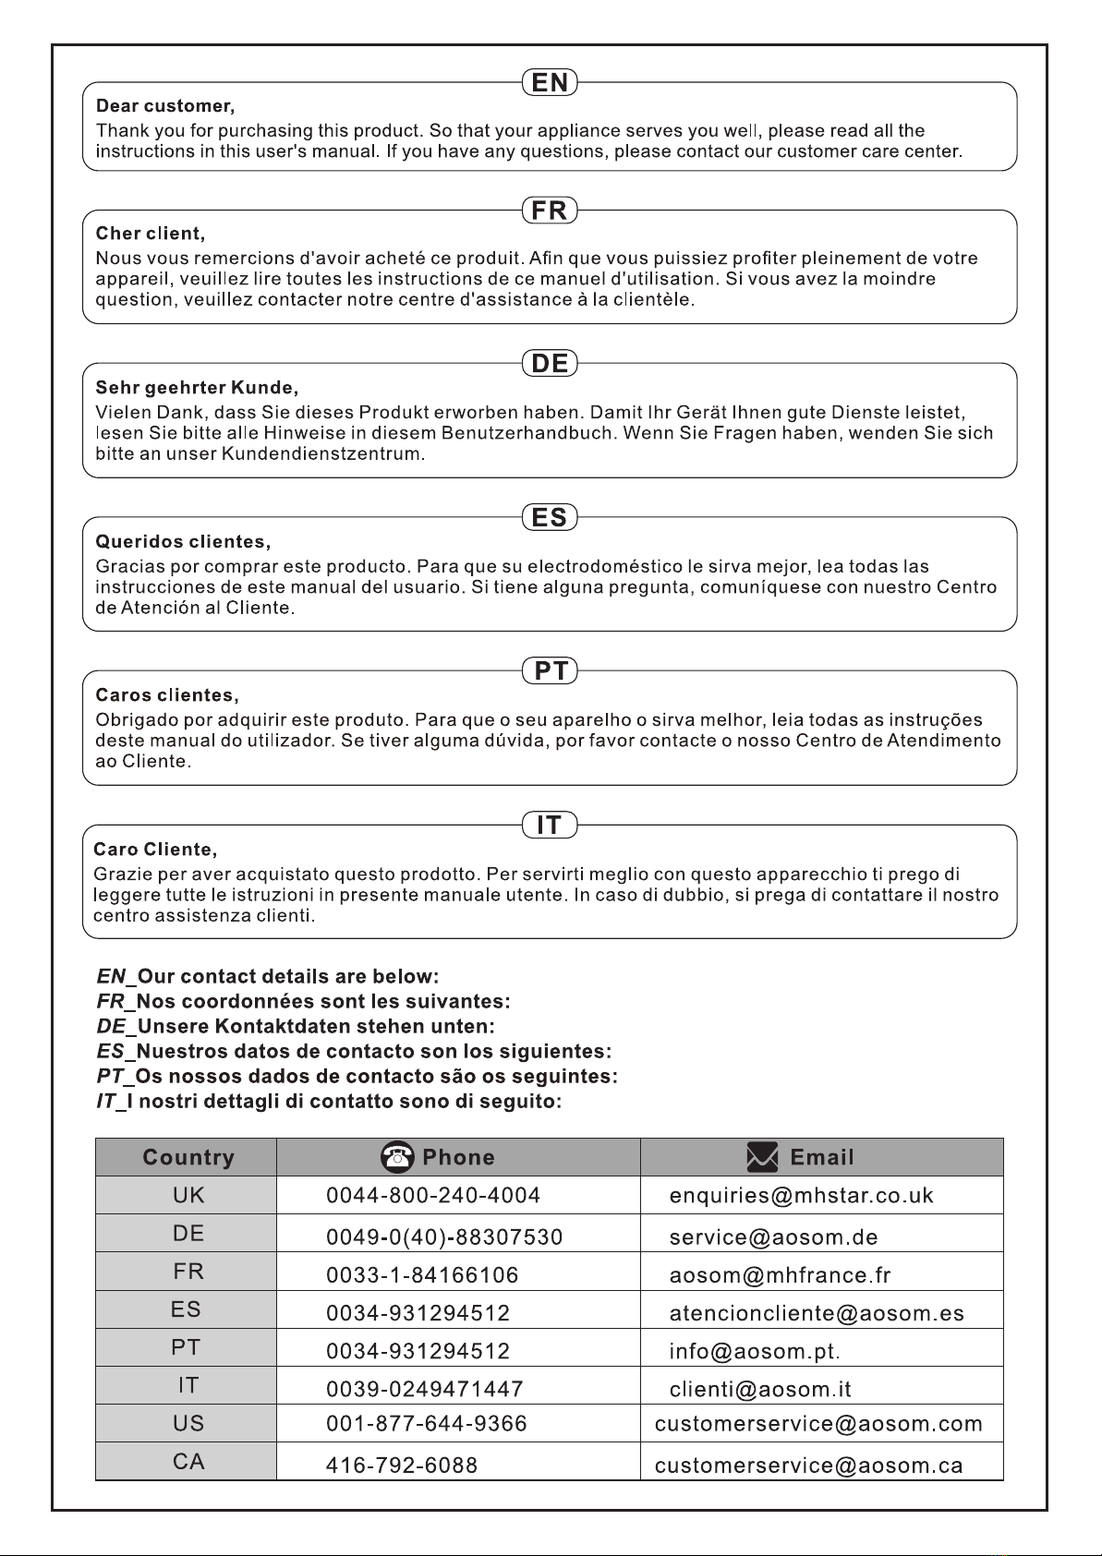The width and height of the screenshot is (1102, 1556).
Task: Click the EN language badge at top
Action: (550, 83)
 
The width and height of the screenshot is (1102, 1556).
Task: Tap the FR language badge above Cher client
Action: (550, 211)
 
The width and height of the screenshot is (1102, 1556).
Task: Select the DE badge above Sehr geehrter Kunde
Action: (550, 364)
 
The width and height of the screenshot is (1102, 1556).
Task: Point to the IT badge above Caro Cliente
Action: (550, 825)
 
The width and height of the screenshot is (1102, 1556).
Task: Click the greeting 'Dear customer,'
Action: (165, 106)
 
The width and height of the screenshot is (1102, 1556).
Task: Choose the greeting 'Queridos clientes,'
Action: (183, 542)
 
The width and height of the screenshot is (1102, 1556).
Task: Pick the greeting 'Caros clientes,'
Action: (167, 695)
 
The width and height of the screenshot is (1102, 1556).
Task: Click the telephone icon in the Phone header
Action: (397, 1157)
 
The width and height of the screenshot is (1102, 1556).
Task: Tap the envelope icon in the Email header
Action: (763, 1157)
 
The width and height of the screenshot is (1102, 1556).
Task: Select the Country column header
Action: (188, 1158)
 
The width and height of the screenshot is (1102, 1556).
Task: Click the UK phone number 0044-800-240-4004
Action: (433, 1196)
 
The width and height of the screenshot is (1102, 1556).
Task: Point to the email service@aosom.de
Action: (773, 1237)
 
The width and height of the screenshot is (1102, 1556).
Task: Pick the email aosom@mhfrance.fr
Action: (780, 1276)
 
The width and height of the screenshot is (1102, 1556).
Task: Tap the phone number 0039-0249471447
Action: (425, 1390)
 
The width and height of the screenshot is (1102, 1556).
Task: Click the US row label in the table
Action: (188, 1424)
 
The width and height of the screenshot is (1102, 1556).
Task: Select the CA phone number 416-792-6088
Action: (402, 1466)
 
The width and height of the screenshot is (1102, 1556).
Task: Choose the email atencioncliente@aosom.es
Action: (817, 1314)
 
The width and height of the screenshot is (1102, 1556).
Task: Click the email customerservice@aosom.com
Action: (818, 1424)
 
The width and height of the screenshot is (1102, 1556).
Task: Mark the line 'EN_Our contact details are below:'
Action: (268, 977)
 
